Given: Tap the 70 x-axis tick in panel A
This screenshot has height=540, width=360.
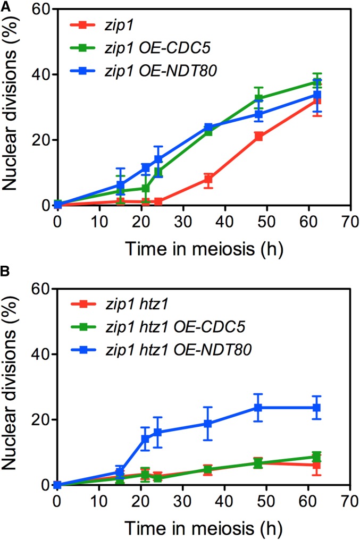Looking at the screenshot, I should point(349,221).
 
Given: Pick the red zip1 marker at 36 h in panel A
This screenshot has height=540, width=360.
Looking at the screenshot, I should point(208,179).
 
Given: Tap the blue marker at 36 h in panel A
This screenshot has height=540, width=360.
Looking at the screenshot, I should point(208,128).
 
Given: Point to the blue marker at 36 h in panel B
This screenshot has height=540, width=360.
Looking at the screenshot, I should point(208,424).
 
